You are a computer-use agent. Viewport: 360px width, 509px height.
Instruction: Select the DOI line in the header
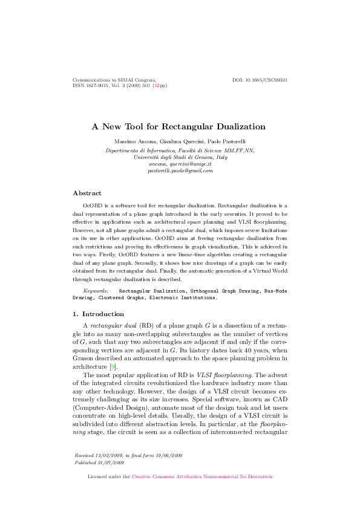point(260,80)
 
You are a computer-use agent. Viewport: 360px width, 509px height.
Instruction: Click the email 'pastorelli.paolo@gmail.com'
point(180,171)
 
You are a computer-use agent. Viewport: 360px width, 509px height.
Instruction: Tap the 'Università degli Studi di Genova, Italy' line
point(180,157)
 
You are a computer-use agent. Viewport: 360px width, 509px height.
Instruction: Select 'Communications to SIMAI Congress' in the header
point(114,80)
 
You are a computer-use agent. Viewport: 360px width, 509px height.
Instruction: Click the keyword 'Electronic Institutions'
point(186,297)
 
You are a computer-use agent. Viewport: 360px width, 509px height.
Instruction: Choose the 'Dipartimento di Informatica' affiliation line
point(180,149)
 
